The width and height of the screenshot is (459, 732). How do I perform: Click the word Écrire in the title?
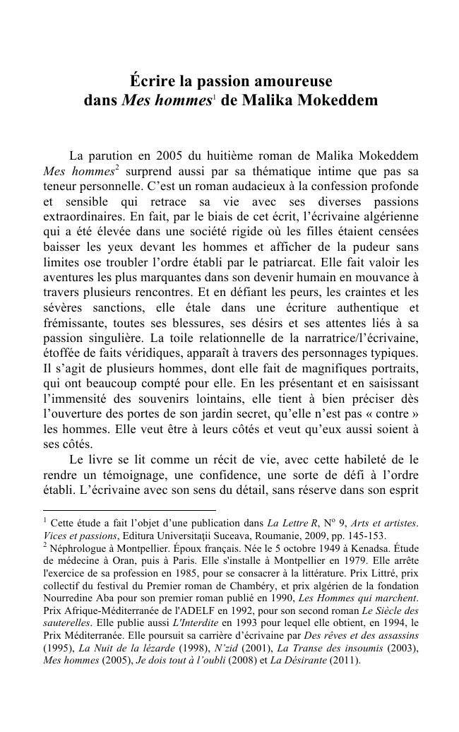coord(150,81)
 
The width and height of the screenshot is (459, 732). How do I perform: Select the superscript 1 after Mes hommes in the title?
coord(214,97)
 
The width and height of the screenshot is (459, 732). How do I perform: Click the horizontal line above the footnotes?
coord(129,509)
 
